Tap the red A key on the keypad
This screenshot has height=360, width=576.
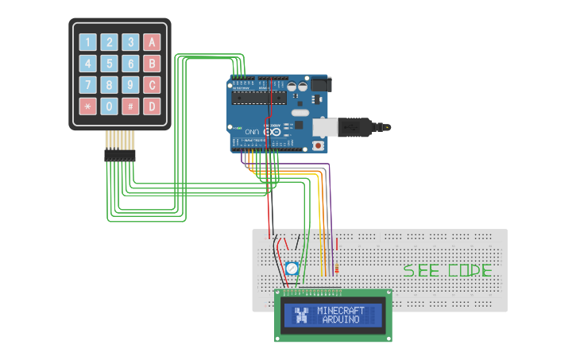[x=153, y=42]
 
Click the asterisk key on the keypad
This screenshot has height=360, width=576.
[x=87, y=106]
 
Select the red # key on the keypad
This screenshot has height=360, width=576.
[x=131, y=106]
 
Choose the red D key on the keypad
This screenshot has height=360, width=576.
[x=153, y=106]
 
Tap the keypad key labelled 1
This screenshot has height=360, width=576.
[x=87, y=42]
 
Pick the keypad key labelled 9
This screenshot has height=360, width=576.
[x=131, y=84]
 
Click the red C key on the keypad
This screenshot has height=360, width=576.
[x=153, y=84]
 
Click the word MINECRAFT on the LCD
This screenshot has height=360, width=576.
[x=341, y=310]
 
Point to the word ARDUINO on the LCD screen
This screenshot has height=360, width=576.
[x=341, y=319]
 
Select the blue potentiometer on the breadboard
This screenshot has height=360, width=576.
[x=292, y=269]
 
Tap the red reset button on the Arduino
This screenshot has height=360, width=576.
[x=319, y=145]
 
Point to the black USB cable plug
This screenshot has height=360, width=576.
[x=361, y=126]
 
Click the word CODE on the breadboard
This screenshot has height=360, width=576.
[x=470, y=270]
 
